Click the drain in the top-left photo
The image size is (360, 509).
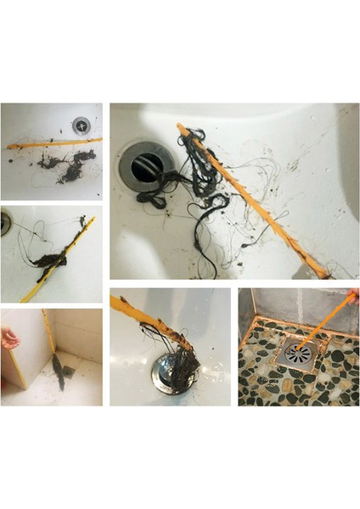pyautogui.click(x=81, y=125)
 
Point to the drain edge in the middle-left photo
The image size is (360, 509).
pyautogui.click(x=5, y=223)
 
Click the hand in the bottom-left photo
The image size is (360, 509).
pyautogui.click(x=8, y=340)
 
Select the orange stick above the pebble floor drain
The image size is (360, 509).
pyautogui.click(x=327, y=318)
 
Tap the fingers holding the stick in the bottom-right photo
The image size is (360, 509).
pyautogui.click(x=352, y=296)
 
